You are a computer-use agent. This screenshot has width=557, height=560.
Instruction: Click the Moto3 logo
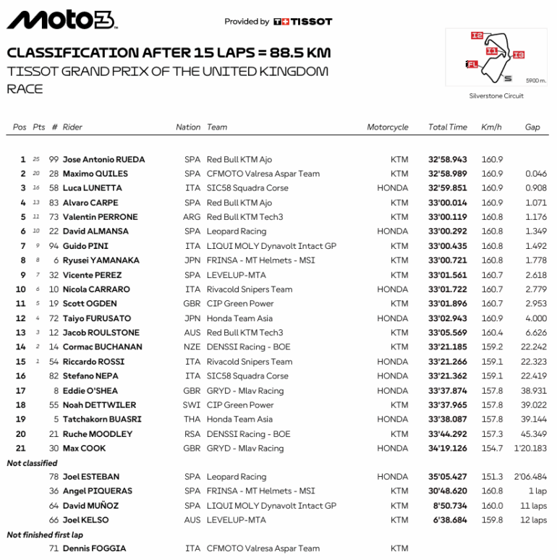pyautogui.click(x=61, y=20)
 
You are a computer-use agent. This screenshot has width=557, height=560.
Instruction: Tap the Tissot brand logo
pyautogui.click(x=303, y=22)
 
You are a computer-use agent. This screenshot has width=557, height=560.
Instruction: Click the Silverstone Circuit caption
pyautogui.click(x=496, y=96)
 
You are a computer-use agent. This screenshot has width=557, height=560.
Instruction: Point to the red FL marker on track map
pyautogui.click(x=472, y=64)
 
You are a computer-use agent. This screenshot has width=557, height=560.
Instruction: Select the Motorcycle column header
pyautogui.click(x=387, y=127)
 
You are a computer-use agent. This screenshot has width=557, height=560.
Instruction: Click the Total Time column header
pyautogui.click(x=447, y=127)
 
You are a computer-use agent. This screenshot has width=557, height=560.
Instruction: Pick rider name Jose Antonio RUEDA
pyautogui.click(x=103, y=159)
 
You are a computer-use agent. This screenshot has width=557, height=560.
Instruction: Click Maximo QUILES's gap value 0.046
pyautogui.click(x=536, y=174)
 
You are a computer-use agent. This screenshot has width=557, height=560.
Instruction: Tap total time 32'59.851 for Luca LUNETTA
pyautogui.click(x=447, y=188)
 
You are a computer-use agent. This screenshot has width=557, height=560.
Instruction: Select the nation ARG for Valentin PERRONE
pyautogui.click(x=192, y=217)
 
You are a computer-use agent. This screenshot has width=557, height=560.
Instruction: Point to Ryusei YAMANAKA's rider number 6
pyautogui.click(x=56, y=260)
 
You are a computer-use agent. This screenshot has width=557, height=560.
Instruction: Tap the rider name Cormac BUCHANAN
pyautogui.click(x=102, y=347)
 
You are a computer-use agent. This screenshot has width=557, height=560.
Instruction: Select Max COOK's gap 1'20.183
pyautogui.click(x=531, y=449)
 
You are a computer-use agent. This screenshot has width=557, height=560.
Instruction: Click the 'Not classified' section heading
pyautogui.click(x=32, y=463)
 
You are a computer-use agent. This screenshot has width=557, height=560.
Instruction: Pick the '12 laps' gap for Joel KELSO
pyautogui.click(x=534, y=520)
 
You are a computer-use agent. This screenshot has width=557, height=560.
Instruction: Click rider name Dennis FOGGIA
pyautogui.click(x=94, y=549)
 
